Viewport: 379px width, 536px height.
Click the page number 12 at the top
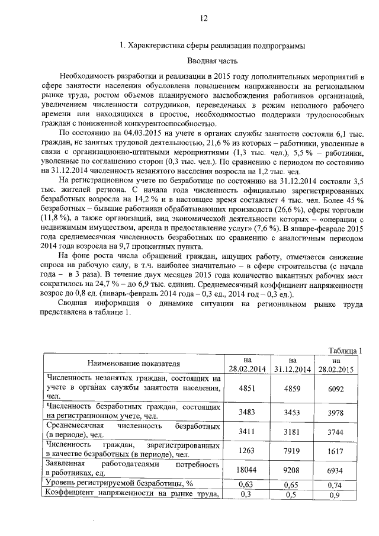tap(203, 18)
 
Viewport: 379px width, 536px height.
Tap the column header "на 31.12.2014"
tap(292, 364)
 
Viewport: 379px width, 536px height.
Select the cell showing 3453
tap(292, 411)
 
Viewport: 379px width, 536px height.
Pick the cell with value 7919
tap(292, 451)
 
